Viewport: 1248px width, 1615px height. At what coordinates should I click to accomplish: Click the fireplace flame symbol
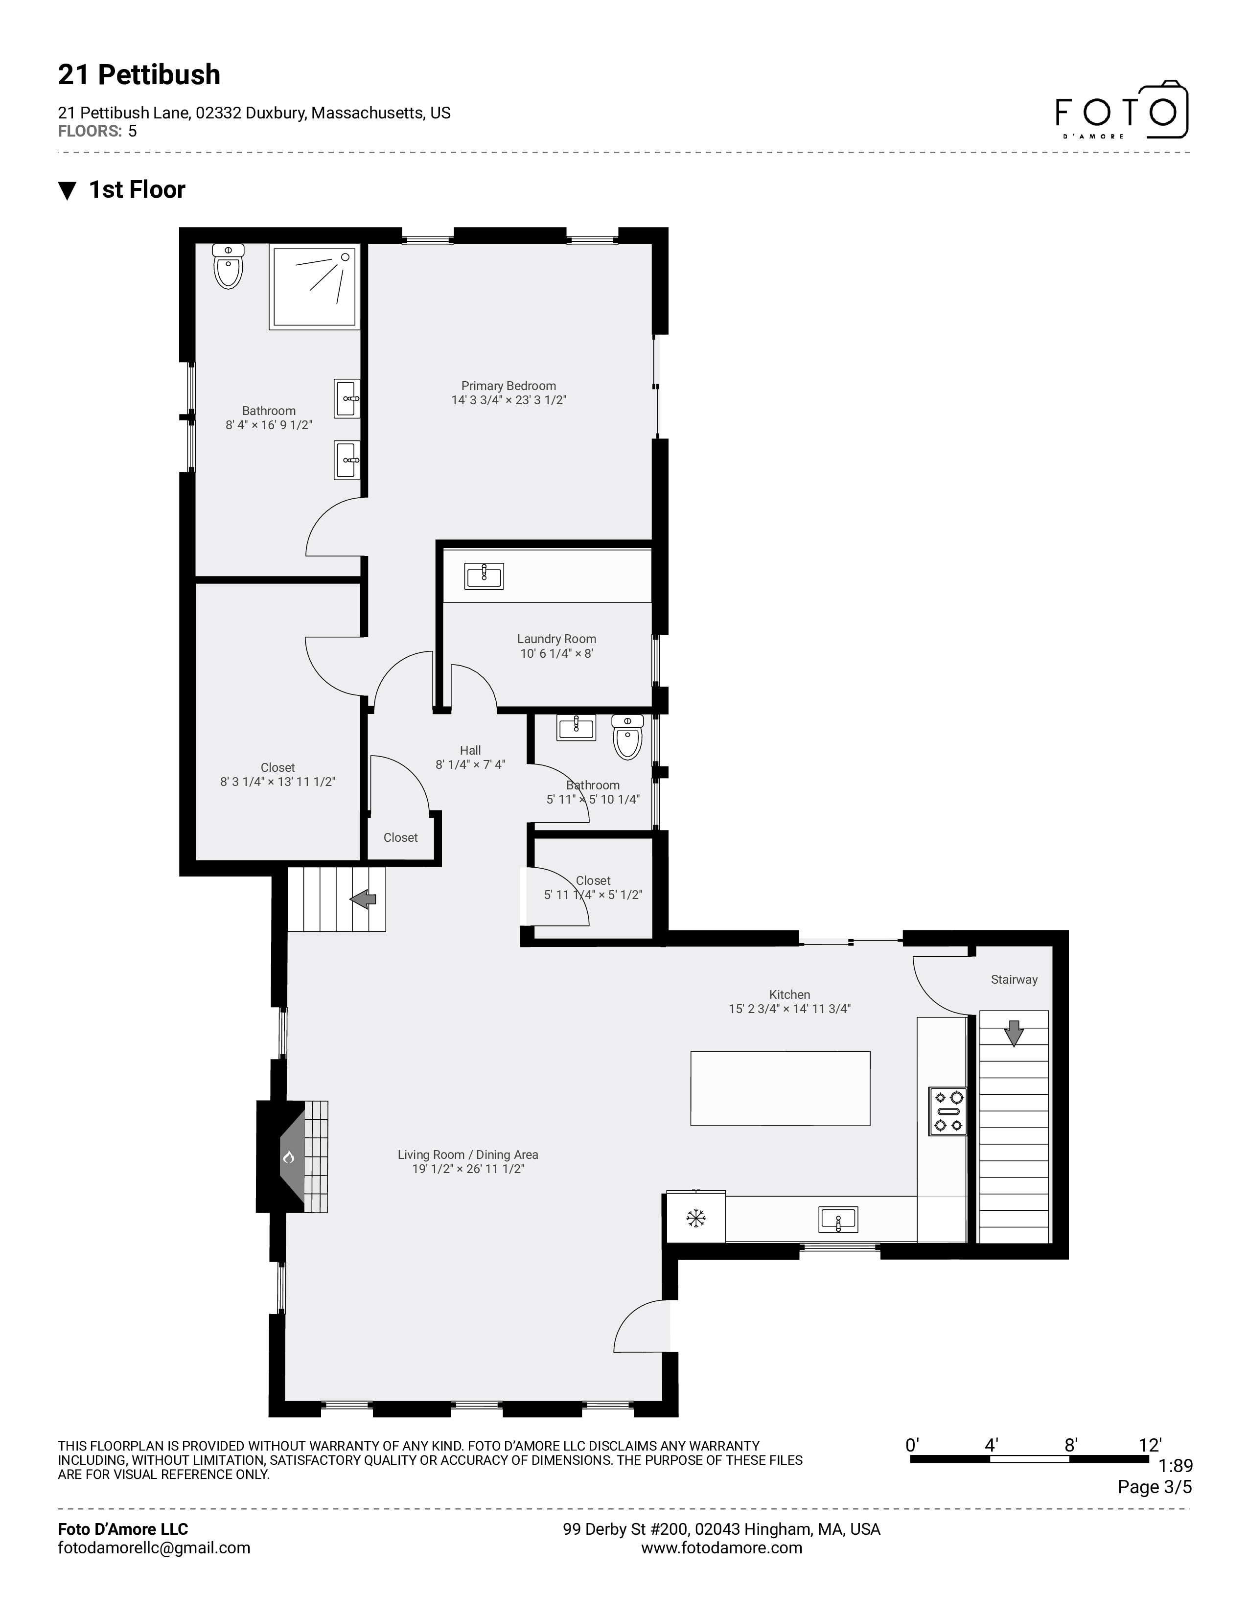288,1156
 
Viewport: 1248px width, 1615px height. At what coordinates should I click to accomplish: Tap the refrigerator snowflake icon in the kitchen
696,1218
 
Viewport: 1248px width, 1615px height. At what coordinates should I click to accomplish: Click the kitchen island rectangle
780,1088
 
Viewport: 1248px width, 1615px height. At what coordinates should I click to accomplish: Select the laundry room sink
484,576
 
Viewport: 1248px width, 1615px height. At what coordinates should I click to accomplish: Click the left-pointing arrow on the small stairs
363,899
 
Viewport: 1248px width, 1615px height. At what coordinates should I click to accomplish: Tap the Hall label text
470,750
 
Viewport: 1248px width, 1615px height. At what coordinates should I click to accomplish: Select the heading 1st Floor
137,190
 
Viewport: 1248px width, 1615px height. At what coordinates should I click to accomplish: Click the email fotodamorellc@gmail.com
154,1547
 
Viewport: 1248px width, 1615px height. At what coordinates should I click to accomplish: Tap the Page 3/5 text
1154,1486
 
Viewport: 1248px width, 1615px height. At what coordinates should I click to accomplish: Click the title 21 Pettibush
139,75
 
